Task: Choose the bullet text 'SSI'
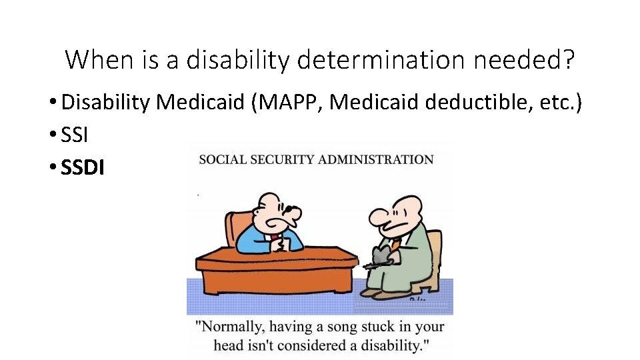74,135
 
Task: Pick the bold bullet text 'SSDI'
83,167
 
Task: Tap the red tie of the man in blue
274,237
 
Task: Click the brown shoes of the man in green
371,291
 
